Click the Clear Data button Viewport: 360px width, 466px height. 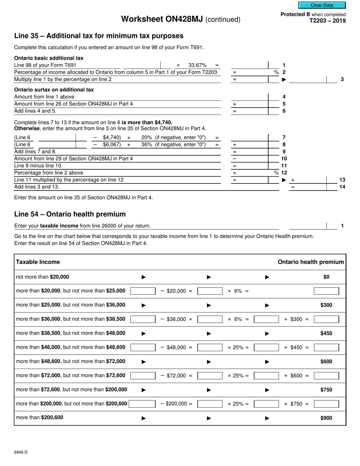coord(322,5)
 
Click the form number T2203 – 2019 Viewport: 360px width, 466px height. coord(327,21)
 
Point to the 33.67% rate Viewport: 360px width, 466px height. coord(197,65)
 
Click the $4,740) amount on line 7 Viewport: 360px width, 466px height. coord(112,138)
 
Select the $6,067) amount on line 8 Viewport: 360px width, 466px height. coord(112,144)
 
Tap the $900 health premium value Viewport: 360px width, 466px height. coord(326,418)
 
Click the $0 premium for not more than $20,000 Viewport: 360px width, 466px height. coord(326,277)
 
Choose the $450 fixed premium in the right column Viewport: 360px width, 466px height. coord(326,333)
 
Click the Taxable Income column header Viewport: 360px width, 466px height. coord(38,262)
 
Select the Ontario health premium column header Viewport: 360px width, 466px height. coord(311,262)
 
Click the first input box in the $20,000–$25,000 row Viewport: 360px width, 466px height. coord(143,291)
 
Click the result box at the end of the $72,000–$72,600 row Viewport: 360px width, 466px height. coord(326,375)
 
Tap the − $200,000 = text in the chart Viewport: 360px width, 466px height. coord(176,404)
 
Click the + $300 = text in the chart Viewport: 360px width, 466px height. coord(296,319)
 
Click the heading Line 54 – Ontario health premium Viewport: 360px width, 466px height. coord(70,214)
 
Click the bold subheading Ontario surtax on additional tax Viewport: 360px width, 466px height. coord(54,90)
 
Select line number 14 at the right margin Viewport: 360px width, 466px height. coord(342,187)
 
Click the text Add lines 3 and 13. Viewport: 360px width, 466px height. coord(37,187)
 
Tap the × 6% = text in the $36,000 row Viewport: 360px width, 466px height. coord(238,319)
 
